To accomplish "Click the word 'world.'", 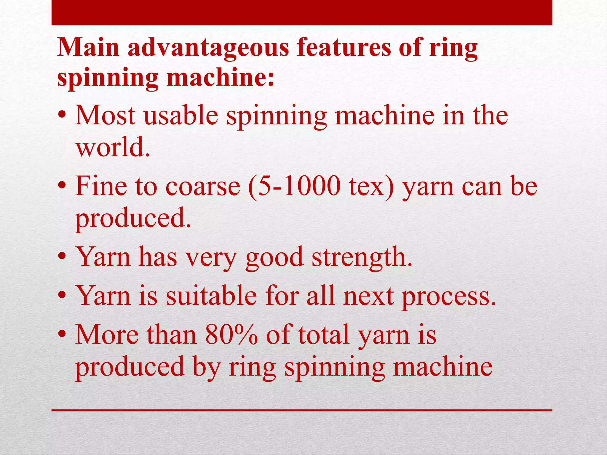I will tap(113, 147).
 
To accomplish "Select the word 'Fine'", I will tap(101, 186).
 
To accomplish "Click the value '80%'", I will tap(231, 335).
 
